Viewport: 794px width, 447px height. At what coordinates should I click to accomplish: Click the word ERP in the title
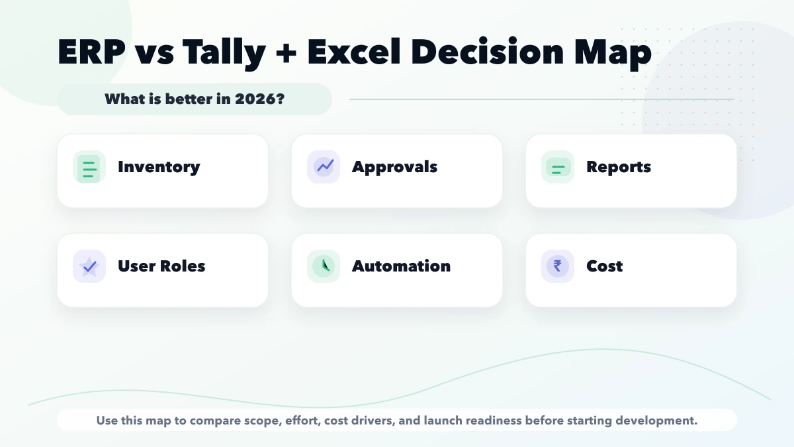92,52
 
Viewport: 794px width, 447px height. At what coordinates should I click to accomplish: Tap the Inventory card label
159,167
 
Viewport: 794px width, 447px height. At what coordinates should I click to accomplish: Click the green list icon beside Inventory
89,167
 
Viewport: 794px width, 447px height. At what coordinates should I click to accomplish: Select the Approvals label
394,167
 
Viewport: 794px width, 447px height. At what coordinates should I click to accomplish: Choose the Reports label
619,167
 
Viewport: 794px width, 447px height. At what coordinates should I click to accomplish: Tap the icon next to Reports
558,167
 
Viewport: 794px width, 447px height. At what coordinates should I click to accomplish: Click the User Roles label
161,266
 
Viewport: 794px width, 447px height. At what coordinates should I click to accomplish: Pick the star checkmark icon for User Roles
89,266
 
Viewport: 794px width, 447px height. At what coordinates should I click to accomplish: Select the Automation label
401,266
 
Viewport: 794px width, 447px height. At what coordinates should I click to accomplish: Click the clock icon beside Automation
324,266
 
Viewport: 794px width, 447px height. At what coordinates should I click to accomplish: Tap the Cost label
604,266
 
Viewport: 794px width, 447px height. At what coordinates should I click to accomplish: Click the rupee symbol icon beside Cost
558,266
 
